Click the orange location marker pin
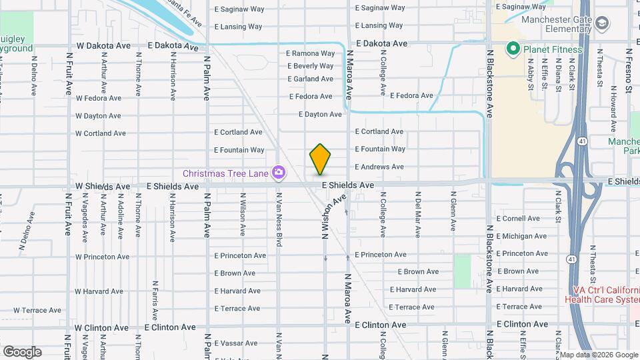pos(320,159)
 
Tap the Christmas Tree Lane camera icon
pos(279,173)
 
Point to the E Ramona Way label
pos(310,53)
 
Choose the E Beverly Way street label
pos(310,66)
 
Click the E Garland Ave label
pos(310,79)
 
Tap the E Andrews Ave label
pos(379,167)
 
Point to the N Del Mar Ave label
pos(418,215)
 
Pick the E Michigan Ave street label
pos(521,236)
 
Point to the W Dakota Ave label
pos(103,46)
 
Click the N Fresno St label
pos(628,70)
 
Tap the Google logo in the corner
pos(22,352)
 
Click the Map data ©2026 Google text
pos(597,355)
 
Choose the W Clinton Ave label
pos(102,328)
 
